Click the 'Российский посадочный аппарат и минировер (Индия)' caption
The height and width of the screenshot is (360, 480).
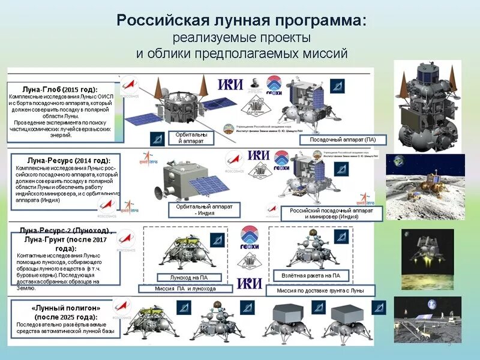[x=331, y=213]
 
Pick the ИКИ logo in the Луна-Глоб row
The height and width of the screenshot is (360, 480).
[x=230, y=84]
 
